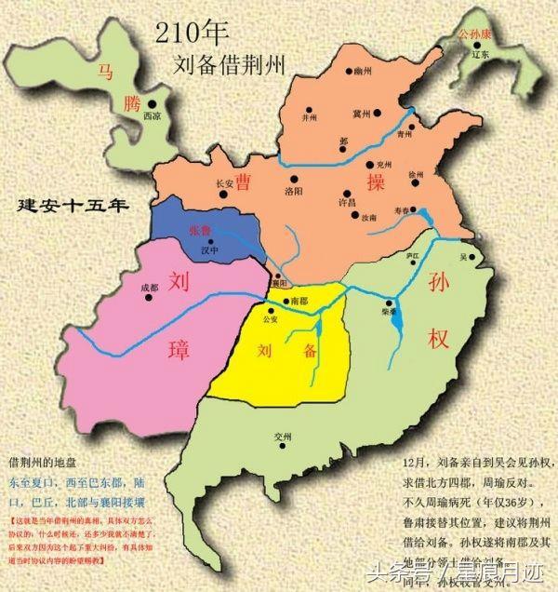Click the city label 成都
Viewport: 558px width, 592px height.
click(149, 289)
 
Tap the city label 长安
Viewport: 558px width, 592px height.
click(224, 183)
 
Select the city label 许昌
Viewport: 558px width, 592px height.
click(348, 201)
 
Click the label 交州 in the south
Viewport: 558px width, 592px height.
click(283, 437)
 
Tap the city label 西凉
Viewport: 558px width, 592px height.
click(153, 117)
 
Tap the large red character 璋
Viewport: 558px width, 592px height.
click(178, 351)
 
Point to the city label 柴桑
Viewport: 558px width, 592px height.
click(389, 314)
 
